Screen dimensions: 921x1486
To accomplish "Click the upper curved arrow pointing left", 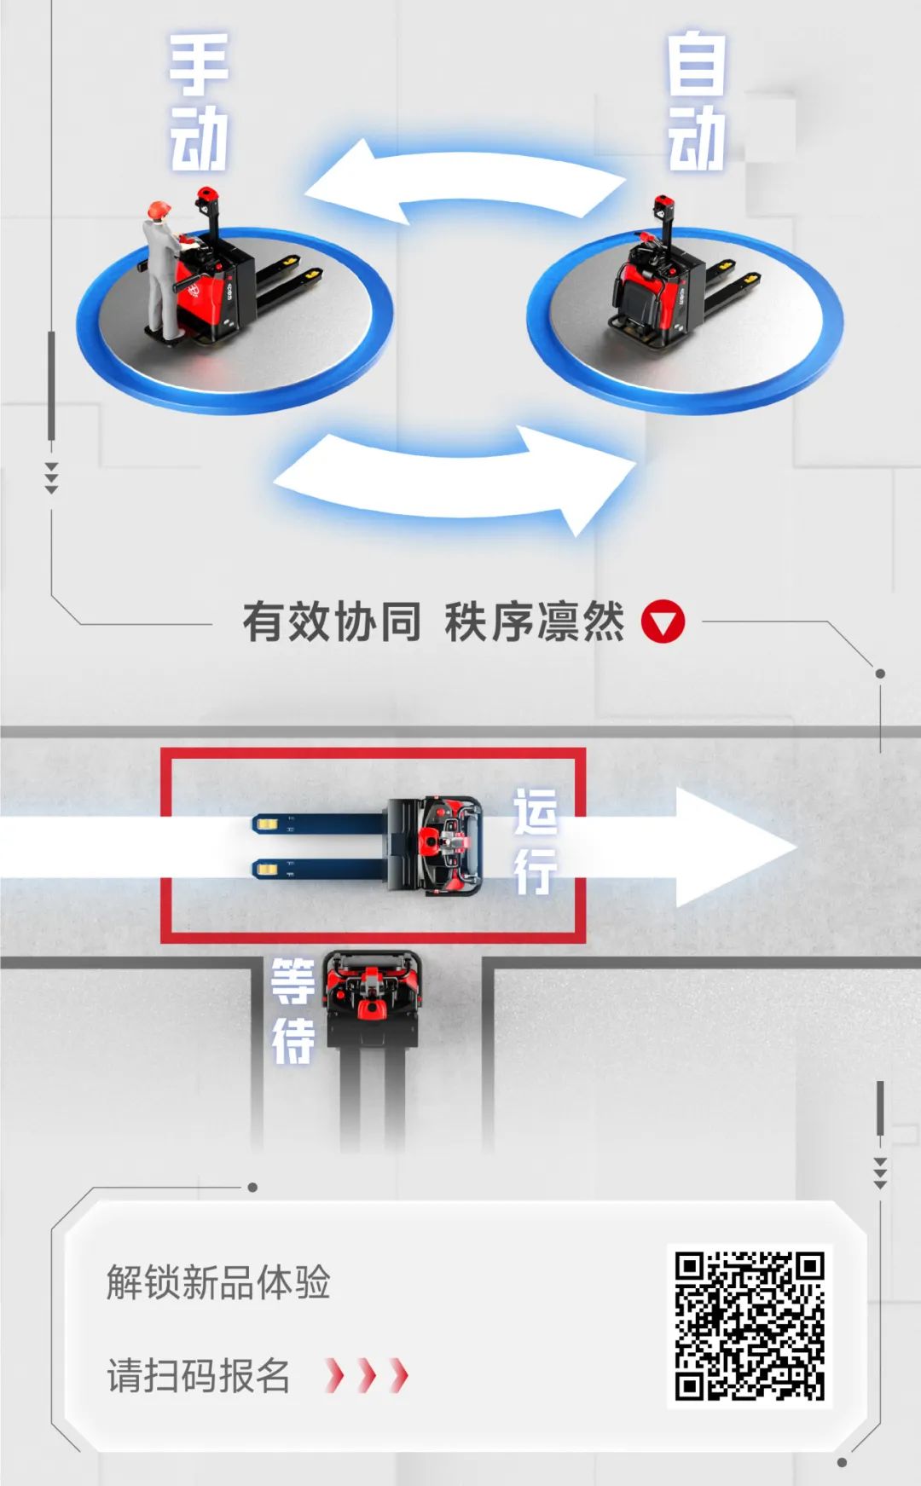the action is pyautogui.click(x=465, y=181).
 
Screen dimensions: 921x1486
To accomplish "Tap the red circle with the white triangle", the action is pyautogui.click(x=663, y=622).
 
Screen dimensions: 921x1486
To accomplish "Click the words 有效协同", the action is pyautogui.click(x=332, y=622).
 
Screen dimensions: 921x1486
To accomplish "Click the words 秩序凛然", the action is pyautogui.click(x=535, y=622).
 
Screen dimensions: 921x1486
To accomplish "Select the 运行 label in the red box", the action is pyautogui.click(x=536, y=841).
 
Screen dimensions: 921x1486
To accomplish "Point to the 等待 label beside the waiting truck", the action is pyautogui.click(x=293, y=1011).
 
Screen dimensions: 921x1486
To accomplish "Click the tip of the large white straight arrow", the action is pyautogui.click(x=796, y=847).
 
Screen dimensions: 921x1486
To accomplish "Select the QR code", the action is pyautogui.click(x=750, y=1327).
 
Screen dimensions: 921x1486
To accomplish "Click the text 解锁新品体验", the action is pyautogui.click(x=218, y=1282).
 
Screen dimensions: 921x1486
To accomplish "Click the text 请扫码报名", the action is pyautogui.click(x=199, y=1376).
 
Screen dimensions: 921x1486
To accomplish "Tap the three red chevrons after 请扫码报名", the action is pyautogui.click(x=367, y=1375).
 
